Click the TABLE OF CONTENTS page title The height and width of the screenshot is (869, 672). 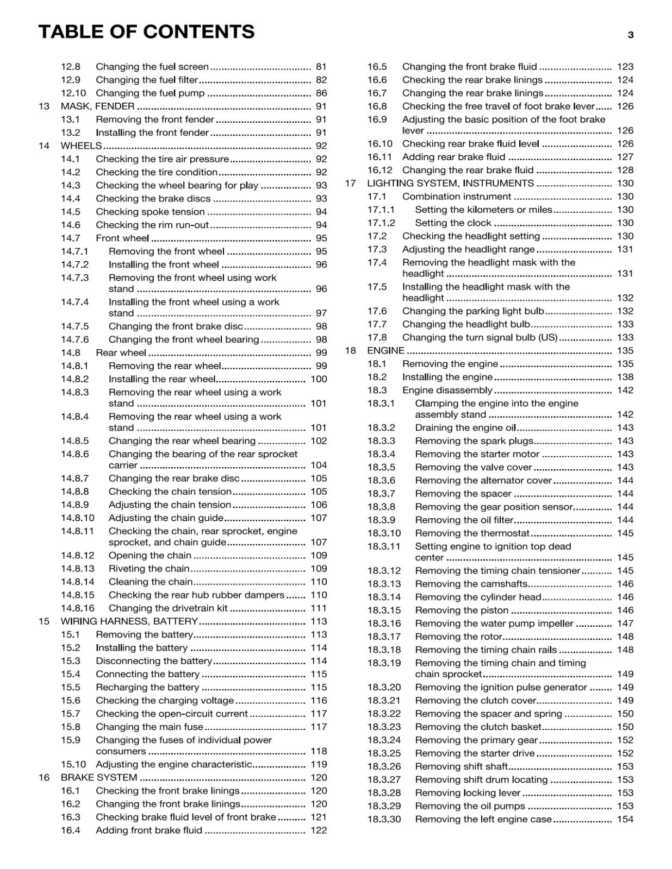(146, 32)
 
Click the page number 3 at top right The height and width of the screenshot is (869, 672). (630, 35)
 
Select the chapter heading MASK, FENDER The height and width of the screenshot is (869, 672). (98, 106)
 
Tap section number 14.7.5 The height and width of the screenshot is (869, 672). (74, 326)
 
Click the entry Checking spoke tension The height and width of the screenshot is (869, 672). (150, 212)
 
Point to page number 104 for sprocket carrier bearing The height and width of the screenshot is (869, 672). (319, 465)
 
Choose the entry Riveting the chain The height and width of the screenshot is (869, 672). (149, 569)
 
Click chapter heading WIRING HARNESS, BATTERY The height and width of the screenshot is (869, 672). (129, 621)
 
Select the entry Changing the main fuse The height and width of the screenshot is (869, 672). (150, 727)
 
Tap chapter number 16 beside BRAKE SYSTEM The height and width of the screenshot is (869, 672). (44, 778)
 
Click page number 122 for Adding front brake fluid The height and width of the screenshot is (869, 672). (319, 830)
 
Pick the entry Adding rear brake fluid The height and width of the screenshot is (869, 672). (453, 157)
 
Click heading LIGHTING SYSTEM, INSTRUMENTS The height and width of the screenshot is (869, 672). (450, 184)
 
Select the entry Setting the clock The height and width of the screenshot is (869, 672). (453, 223)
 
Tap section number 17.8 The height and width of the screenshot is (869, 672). (377, 337)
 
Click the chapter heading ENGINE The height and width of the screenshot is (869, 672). (385, 351)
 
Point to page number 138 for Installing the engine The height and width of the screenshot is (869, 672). (625, 377)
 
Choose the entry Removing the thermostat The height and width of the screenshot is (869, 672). (472, 533)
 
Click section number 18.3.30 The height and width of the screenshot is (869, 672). (384, 820)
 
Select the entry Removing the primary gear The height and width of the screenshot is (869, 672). (476, 740)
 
